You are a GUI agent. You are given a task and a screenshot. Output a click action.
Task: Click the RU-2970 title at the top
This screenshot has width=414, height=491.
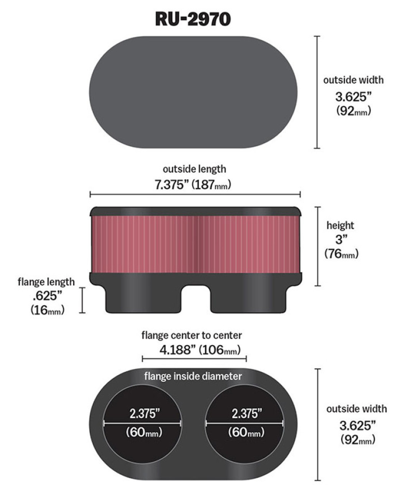click(x=193, y=19)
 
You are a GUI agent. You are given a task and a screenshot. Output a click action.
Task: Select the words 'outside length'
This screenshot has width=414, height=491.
click(x=194, y=169)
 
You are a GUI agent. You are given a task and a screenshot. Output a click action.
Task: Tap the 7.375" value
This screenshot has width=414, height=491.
click(x=171, y=185)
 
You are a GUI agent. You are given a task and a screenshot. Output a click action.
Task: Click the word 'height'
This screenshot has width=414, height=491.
click(x=340, y=226)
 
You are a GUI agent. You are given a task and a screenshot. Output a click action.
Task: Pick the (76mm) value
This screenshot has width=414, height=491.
click(x=341, y=254)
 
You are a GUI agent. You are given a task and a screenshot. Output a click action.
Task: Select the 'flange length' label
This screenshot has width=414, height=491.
click(x=46, y=282)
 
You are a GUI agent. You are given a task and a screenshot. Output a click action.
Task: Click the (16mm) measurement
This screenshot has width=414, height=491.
click(x=47, y=310)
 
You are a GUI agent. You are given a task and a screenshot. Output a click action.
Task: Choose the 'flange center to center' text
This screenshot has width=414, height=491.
click(x=192, y=335)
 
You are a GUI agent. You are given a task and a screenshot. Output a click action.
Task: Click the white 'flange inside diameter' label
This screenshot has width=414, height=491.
click(x=193, y=376)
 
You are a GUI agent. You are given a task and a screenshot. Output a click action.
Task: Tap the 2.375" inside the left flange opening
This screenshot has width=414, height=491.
click(x=144, y=414)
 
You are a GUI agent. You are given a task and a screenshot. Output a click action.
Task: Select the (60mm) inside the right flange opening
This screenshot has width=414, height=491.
click(x=246, y=433)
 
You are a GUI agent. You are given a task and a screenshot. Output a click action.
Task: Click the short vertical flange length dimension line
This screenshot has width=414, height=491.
click(x=82, y=300)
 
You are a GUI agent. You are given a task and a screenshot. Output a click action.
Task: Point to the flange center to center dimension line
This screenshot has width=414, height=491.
click(x=194, y=359)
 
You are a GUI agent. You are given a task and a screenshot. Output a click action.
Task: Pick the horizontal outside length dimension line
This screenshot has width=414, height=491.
click(x=195, y=195)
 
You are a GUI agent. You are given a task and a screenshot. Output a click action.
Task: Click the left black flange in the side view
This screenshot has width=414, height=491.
click(x=143, y=297)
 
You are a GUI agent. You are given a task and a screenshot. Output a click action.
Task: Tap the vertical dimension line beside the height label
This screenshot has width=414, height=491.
click(x=317, y=246)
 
